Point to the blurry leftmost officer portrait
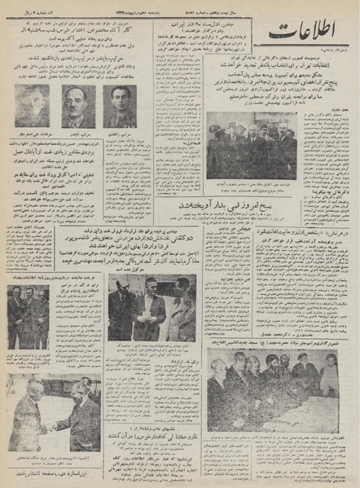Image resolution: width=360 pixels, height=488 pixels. [x=30, y=107]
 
